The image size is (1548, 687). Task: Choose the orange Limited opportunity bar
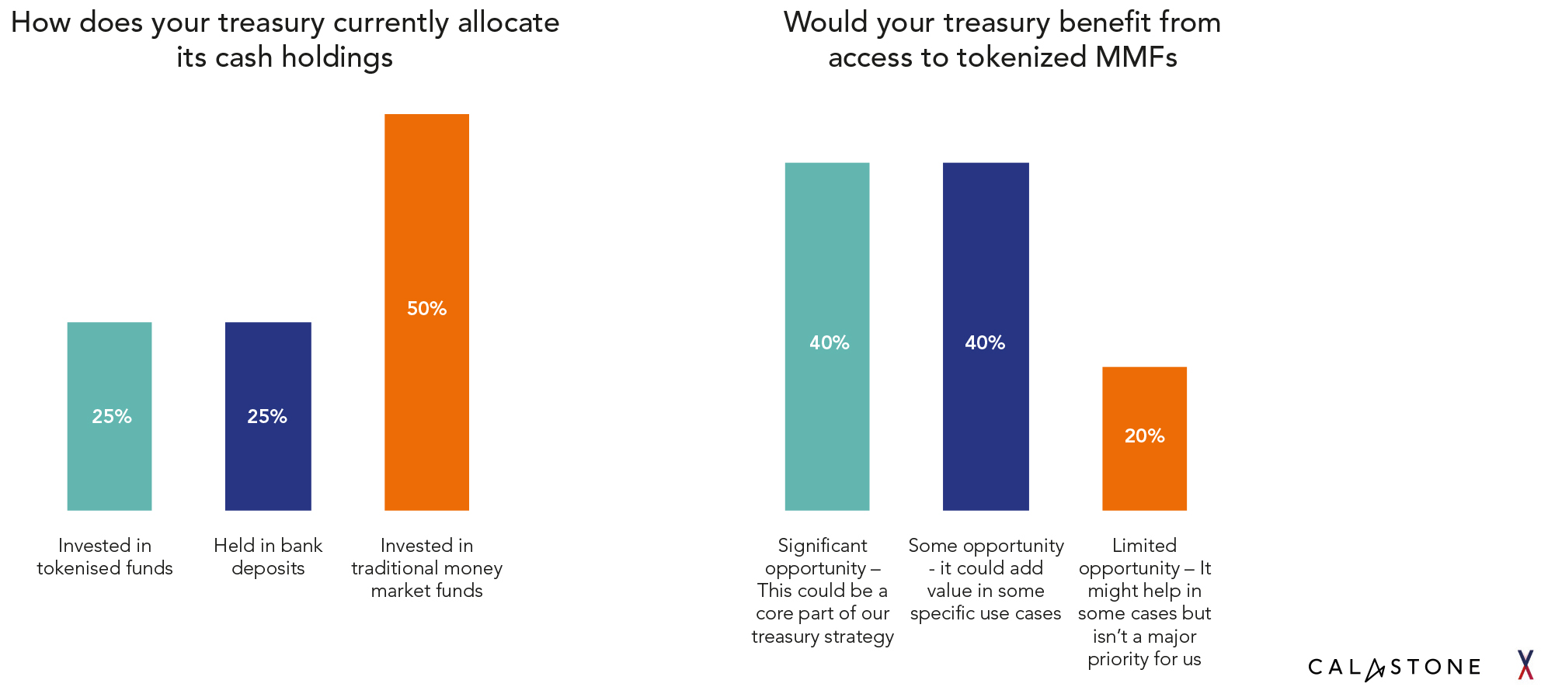(x=1144, y=474)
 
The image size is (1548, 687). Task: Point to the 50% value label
(x=426, y=308)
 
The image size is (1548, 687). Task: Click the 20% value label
(x=1144, y=435)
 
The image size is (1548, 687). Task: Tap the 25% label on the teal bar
(x=112, y=416)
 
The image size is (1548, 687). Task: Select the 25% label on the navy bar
(x=267, y=416)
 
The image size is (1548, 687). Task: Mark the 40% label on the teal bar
(x=829, y=342)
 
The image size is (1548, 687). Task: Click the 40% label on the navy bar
(x=985, y=342)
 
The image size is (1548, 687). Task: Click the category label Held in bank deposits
(x=268, y=557)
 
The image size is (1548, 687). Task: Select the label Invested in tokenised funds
(x=105, y=557)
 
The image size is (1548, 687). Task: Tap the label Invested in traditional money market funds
(x=426, y=567)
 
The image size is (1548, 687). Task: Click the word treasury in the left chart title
(x=271, y=23)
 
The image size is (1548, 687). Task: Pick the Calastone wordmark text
(x=1394, y=667)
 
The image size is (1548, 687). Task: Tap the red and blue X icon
(x=1525, y=665)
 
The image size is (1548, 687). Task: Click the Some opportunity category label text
(x=986, y=579)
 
